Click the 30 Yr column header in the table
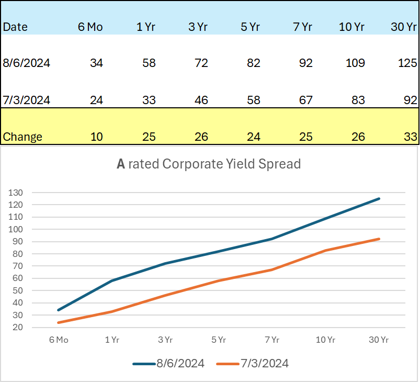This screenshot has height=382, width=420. click(x=404, y=27)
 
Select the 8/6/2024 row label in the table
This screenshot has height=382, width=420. click(x=27, y=63)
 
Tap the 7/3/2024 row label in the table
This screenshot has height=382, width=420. click(x=27, y=100)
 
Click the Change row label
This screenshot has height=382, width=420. click(x=22, y=137)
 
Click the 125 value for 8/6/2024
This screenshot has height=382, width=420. click(x=407, y=63)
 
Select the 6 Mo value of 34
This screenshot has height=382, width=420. click(x=96, y=63)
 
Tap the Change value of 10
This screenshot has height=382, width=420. click(x=96, y=137)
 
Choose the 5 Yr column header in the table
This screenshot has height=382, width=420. click(x=251, y=27)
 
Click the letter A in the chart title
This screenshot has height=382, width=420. click(x=121, y=164)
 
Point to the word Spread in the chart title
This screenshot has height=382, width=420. click(x=282, y=164)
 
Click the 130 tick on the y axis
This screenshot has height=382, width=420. click(x=16, y=193)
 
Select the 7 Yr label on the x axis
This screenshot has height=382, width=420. click(x=272, y=340)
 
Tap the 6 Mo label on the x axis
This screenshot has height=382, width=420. click(x=59, y=340)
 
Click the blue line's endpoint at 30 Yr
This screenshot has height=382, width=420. click(x=379, y=198)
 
